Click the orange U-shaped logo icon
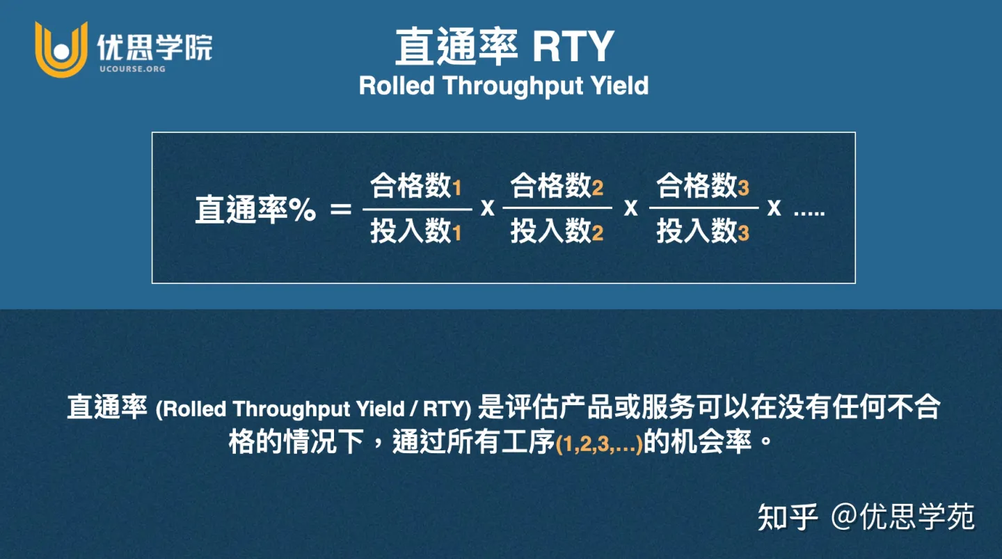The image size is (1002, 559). pyautogui.click(x=61, y=49)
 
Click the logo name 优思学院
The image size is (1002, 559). pyautogui.click(x=154, y=47)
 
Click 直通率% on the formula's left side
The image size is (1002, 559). pyautogui.click(x=255, y=209)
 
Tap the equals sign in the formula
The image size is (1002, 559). pyautogui.click(x=341, y=209)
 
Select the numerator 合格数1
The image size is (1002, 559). pyautogui.click(x=416, y=187)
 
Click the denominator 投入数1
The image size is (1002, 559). pyautogui.click(x=416, y=231)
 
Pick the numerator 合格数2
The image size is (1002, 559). pyautogui.click(x=557, y=187)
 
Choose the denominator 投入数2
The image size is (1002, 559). pyautogui.click(x=557, y=231)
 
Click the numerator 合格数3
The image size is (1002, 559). pyautogui.click(x=703, y=187)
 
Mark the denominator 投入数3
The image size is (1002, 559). pyautogui.click(x=703, y=231)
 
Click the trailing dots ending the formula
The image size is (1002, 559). pyautogui.click(x=809, y=212)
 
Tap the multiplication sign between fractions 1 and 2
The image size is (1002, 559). pyautogui.click(x=488, y=207)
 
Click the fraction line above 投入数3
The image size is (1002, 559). pyautogui.click(x=703, y=207)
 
